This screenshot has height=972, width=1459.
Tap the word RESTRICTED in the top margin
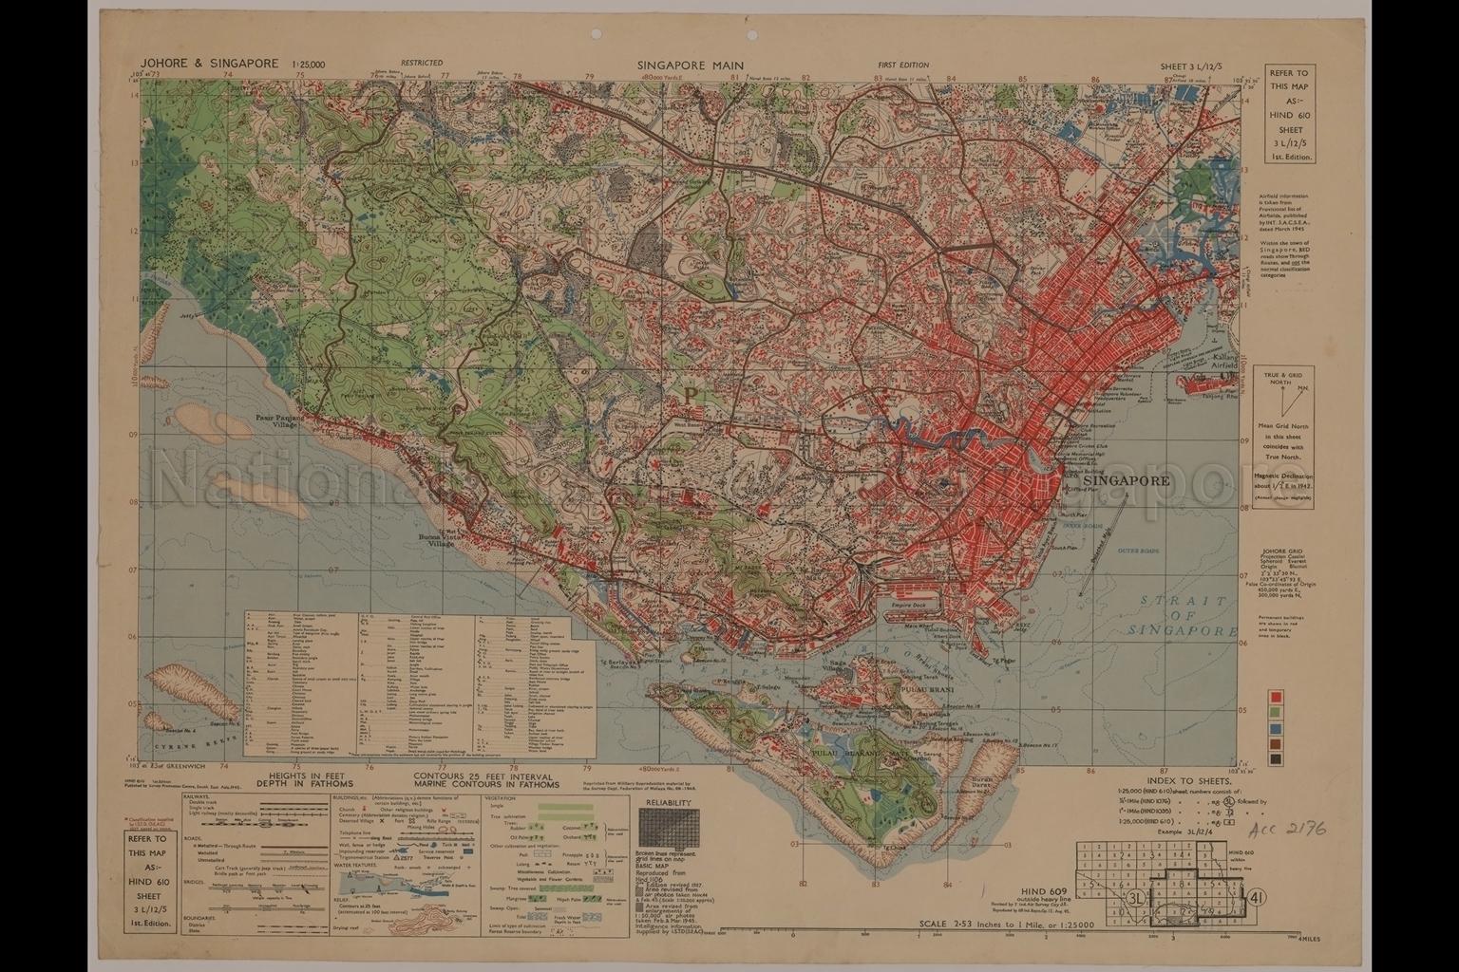(x=421, y=65)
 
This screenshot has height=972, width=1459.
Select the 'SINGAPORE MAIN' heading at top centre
(x=691, y=65)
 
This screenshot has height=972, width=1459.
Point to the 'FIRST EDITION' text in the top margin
(x=903, y=65)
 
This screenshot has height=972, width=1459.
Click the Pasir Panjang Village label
(x=277, y=421)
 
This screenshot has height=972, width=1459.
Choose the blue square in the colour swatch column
(x=1276, y=728)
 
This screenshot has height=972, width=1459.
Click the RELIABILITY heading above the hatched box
(x=672, y=803)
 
